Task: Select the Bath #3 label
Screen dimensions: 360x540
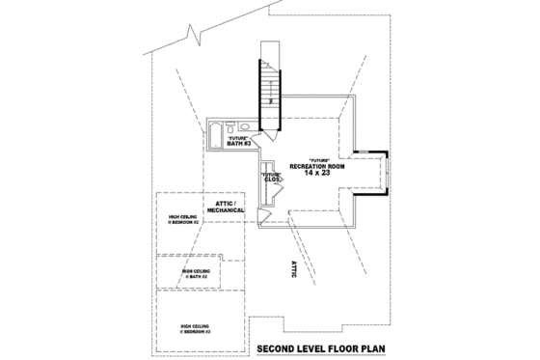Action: click(239, 141)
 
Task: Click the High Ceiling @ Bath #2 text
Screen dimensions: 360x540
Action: click(196, 273)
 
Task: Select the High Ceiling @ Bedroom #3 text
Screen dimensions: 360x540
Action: click(196, 330)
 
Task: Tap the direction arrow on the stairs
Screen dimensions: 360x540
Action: click(271, 97)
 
